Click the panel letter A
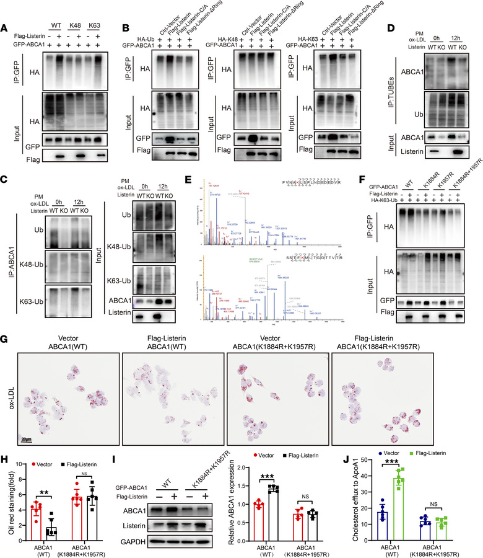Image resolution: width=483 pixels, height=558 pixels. [6, 9]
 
